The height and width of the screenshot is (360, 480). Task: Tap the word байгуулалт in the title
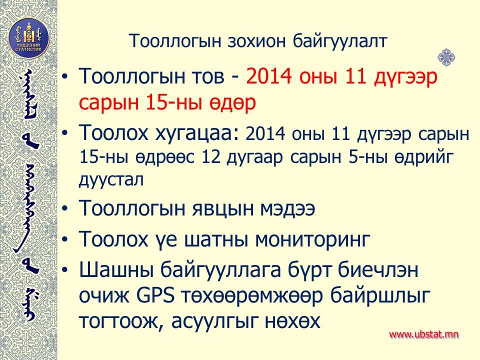(x=340, y=41)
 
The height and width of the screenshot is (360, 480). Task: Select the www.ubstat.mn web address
(x=423, y=334)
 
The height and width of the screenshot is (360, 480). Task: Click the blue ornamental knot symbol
(x=446, y=57)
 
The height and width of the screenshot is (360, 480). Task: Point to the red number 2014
(x=269, y=76)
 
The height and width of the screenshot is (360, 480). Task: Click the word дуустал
(x=111, y=179)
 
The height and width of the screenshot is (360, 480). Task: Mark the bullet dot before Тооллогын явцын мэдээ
(x=65, y=208)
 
